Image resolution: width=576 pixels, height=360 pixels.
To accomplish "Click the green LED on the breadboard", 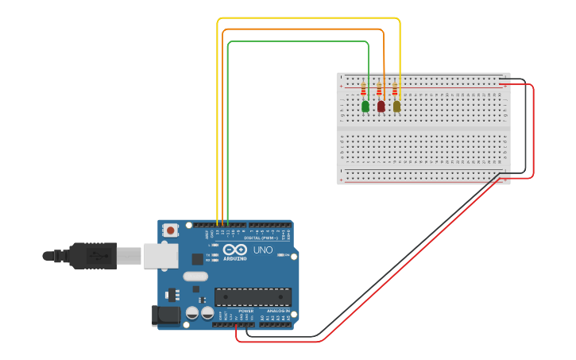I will click(x=365, y=106).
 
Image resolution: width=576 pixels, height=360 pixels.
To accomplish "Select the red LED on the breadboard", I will click(x=381, y=106).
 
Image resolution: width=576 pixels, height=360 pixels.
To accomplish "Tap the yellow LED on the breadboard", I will click(x=396, y=106).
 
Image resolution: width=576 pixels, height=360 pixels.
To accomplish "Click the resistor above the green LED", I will click(x=364, y=88).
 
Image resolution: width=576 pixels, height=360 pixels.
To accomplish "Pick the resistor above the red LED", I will click(x=379, y=88).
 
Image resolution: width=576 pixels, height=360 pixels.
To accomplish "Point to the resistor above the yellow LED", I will click(x=394, y=88).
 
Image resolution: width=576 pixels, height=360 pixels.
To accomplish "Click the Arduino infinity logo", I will click(x=234, y=250).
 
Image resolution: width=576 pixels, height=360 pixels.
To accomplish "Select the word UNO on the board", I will click(x=263, y=250).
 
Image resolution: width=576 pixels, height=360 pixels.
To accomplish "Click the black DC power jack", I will click(x=166, y=315).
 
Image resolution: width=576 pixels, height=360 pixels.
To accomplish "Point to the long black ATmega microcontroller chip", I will click(x=253, y=296).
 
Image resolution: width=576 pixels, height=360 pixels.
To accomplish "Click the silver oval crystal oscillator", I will click(x=195, y=277).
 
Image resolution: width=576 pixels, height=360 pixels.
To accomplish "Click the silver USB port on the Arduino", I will click(x=161, y=255).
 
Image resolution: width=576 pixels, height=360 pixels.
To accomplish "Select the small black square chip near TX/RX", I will click(x=197, y=258).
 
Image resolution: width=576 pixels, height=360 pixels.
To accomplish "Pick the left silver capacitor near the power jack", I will click(x=192, y=313).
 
